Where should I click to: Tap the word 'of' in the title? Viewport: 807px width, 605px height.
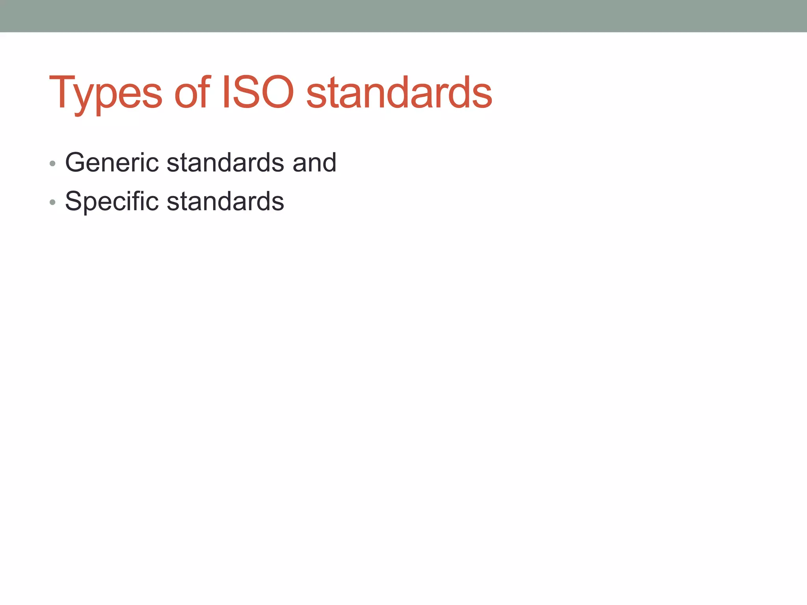click(x=192, y=93)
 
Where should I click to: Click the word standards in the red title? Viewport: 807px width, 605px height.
click(x=399, y=93)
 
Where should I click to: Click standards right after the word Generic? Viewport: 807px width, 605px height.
click(x=225, y=162)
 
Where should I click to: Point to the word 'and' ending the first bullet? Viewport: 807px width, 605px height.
click(x=314, y=162)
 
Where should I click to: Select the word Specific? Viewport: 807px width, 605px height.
click(x=112, y=201)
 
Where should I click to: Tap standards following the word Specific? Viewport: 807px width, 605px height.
click(x=225, y=201)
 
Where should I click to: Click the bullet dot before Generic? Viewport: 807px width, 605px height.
click(x=52, y=163)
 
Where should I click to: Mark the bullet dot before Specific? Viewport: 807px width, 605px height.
click(x=52, y=202)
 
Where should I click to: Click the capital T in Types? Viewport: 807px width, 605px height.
click(x=62, y=93)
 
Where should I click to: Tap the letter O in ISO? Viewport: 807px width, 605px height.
click(x=277, y=93)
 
